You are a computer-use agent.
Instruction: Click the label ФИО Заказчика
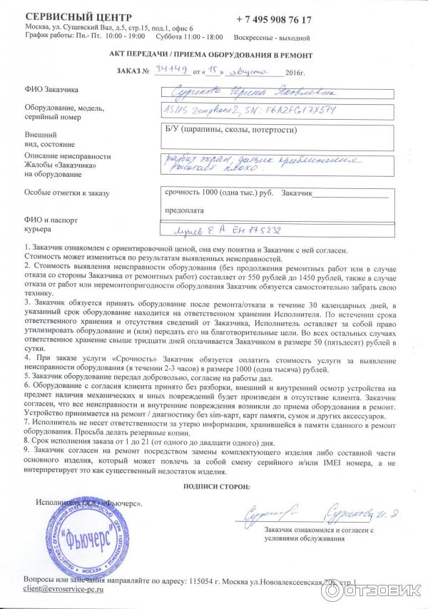[51, 91]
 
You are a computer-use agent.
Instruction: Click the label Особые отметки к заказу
[66, 193]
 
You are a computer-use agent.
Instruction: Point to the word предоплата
[185, 210]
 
